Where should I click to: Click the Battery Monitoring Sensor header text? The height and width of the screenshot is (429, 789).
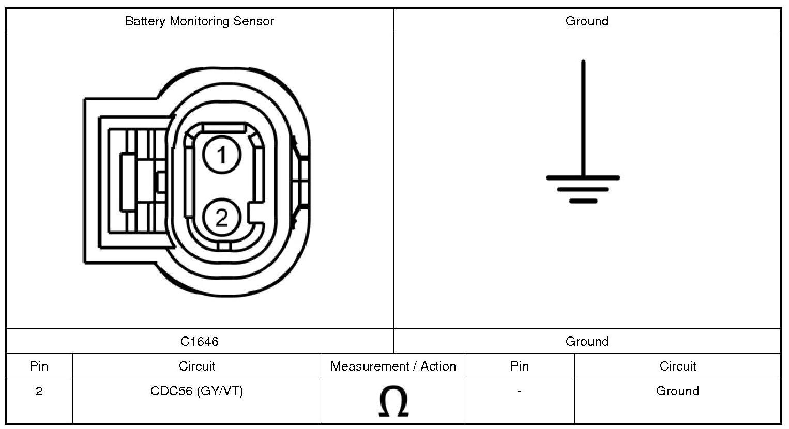click(199, 21)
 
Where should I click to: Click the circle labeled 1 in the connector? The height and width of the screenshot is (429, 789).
click(221, 155)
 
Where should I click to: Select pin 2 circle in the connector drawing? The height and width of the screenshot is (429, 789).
click(221, 218)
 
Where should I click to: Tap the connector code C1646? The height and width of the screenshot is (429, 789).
click(199, 342)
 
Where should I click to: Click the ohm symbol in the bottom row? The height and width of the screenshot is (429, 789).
click(393, 402)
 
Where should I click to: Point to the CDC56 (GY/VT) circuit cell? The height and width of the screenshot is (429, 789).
click(196, 391)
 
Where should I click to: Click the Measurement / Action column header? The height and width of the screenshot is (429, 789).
click(393, 366)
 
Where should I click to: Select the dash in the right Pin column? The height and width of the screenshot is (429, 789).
click(519, 392)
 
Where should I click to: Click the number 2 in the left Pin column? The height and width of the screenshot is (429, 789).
click(39, 391)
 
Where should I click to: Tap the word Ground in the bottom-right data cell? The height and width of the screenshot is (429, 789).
click(677, 391)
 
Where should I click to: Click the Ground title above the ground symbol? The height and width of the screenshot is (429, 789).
click(587, 21)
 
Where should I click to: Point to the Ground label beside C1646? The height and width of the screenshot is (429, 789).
click(587, 342)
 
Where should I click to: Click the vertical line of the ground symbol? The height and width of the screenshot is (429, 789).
click(583, 119)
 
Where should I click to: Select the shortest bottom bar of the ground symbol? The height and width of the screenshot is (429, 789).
click(583, 201)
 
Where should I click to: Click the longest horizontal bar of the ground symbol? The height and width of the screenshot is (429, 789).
click(583, 178)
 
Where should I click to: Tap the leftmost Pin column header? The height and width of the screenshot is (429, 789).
click(39, 366)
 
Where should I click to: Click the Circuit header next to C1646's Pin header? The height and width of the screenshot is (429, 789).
click(196, 366)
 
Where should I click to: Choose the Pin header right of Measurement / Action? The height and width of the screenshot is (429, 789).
click(519, 366)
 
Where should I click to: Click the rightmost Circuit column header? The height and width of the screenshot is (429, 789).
click(677, 366)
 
